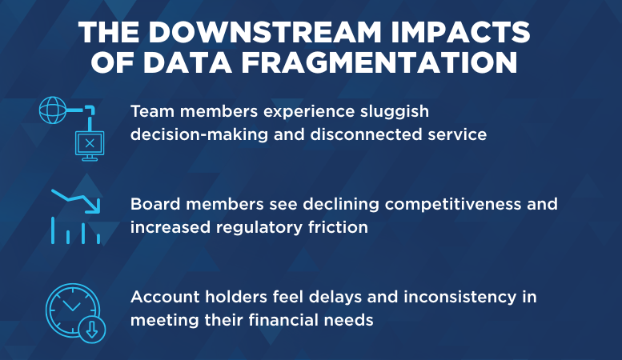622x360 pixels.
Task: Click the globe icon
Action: [x=53, y=110]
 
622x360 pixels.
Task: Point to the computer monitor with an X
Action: [x=90, y=144]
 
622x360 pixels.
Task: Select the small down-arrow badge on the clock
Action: [x=93, y=329]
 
